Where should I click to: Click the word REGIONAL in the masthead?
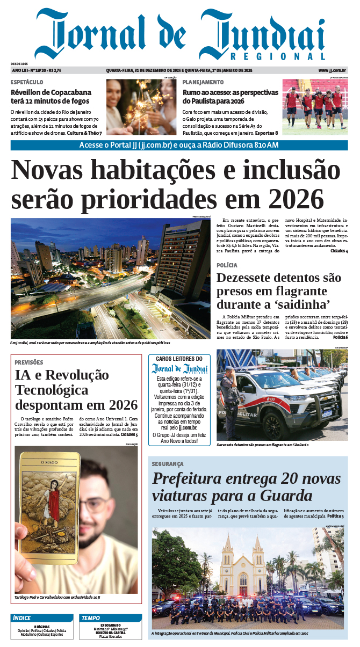pyautogui.click(x=278, y=56)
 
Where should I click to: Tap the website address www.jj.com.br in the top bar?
pyautogui.click(x=332, y=70)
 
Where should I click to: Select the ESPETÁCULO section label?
pyautogui.click(x=27, y=82)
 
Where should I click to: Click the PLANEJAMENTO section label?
pyautogui.click(x=203, y=82)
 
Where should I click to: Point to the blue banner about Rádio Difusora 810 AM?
pyautogui.click(x=179, y=145)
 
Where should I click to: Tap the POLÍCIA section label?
pyautogui.click(x=227, y=265)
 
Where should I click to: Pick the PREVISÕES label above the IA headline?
pyautogui.click(x=28, y=362)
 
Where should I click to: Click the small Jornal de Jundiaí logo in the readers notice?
pyautogui.click(x=179, y=368)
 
